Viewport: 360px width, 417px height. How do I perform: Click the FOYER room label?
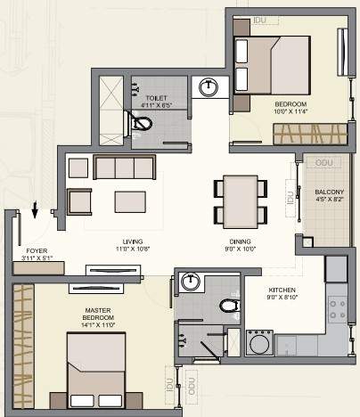37,251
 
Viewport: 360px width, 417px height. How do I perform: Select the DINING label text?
239,241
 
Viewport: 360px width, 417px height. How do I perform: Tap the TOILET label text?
156,98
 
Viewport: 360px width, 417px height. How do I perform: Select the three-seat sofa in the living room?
125,168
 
